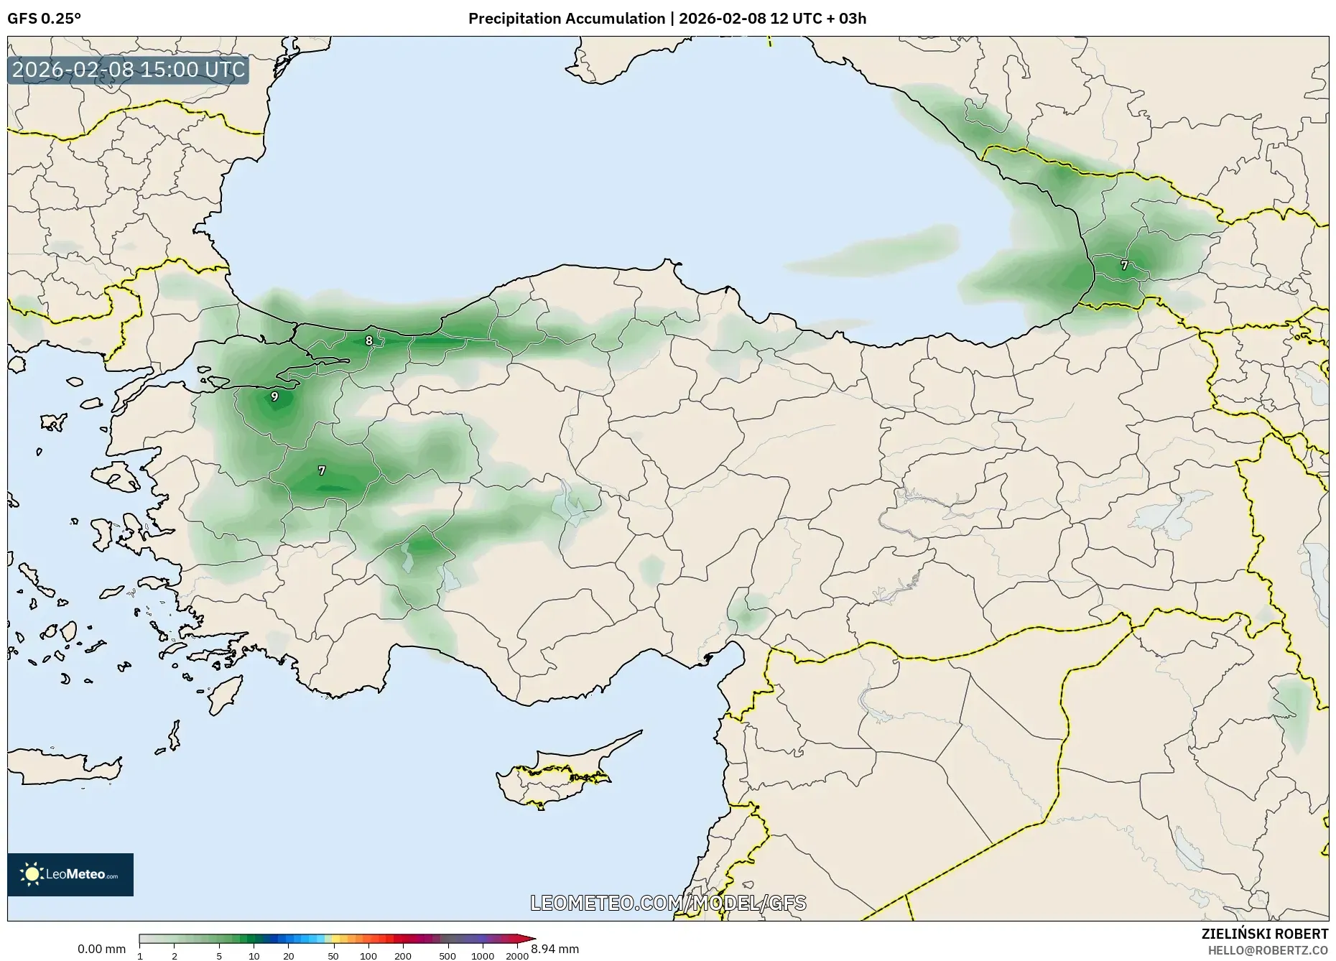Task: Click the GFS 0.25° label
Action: tap(44, 19)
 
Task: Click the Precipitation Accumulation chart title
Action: tap(667, 19)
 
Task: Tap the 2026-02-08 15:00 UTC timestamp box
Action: tap(129, 70)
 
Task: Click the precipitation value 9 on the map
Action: tap(274, 396)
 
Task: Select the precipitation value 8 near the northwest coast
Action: tap(369, 340)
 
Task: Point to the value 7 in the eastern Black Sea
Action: tap(1124, 265)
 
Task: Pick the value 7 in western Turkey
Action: tap(322, 470)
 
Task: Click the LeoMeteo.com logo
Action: tap(70, 874)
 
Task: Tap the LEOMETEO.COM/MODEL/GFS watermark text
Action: tap(668, 903)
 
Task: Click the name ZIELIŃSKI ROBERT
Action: tap(1264, 934)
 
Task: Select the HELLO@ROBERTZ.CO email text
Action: tap(1267, 950)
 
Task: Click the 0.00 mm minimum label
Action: tap(101, 949)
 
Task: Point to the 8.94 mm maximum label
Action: tap(555, 949)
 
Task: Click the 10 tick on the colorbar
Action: tap(254, 956)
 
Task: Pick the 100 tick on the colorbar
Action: tap(368, 956)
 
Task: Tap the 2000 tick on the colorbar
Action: tap(517, 956)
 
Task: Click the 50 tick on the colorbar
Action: tap(333, 956)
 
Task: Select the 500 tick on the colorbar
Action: tap(447, 956)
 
